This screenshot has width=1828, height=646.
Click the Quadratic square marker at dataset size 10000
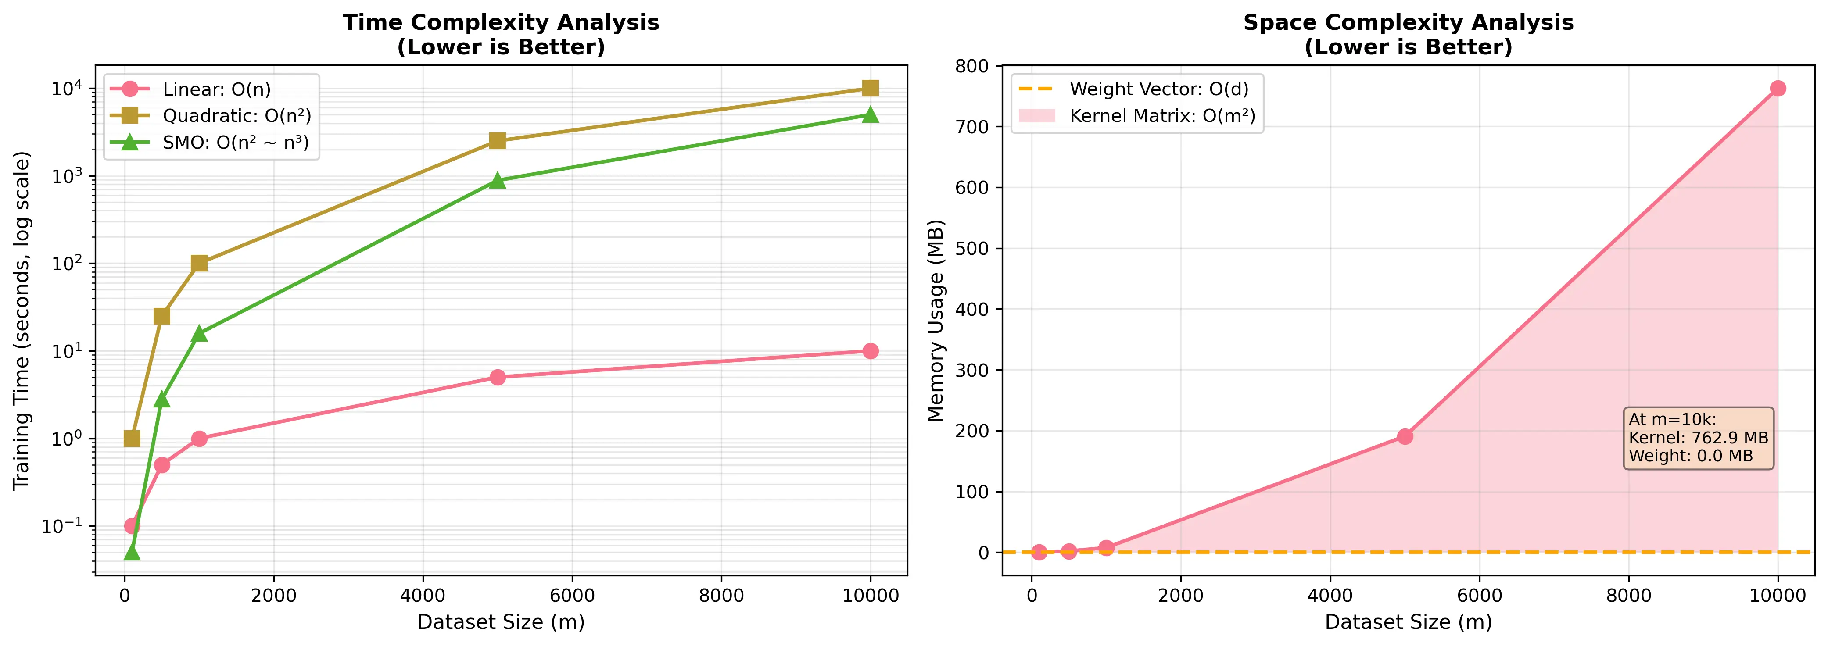870,88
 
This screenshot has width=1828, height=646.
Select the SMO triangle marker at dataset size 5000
498,180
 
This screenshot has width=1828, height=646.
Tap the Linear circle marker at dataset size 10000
870,351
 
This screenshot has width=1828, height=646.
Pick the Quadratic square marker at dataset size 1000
199,263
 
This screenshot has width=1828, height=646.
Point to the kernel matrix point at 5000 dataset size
1405,436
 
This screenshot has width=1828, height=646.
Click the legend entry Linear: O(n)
216,89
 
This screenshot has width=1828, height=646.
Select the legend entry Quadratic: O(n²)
237,116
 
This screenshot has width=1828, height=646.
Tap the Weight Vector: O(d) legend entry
1158,89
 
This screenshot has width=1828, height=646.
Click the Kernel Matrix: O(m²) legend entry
1161,116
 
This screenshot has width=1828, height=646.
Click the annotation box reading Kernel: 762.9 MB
1698,438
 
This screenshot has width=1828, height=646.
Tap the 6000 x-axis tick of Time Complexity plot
572,596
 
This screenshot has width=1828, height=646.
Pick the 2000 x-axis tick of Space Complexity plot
1181,596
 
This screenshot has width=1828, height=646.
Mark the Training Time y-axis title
22,321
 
